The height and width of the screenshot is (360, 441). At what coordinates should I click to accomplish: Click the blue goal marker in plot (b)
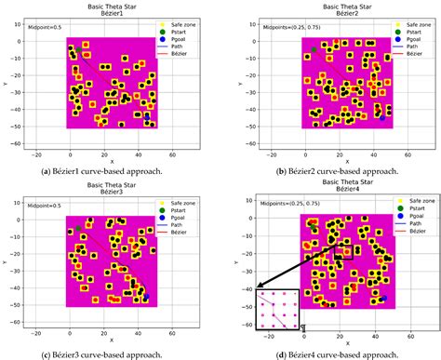381,117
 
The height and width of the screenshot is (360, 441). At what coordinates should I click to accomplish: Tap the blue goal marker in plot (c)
145,298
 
